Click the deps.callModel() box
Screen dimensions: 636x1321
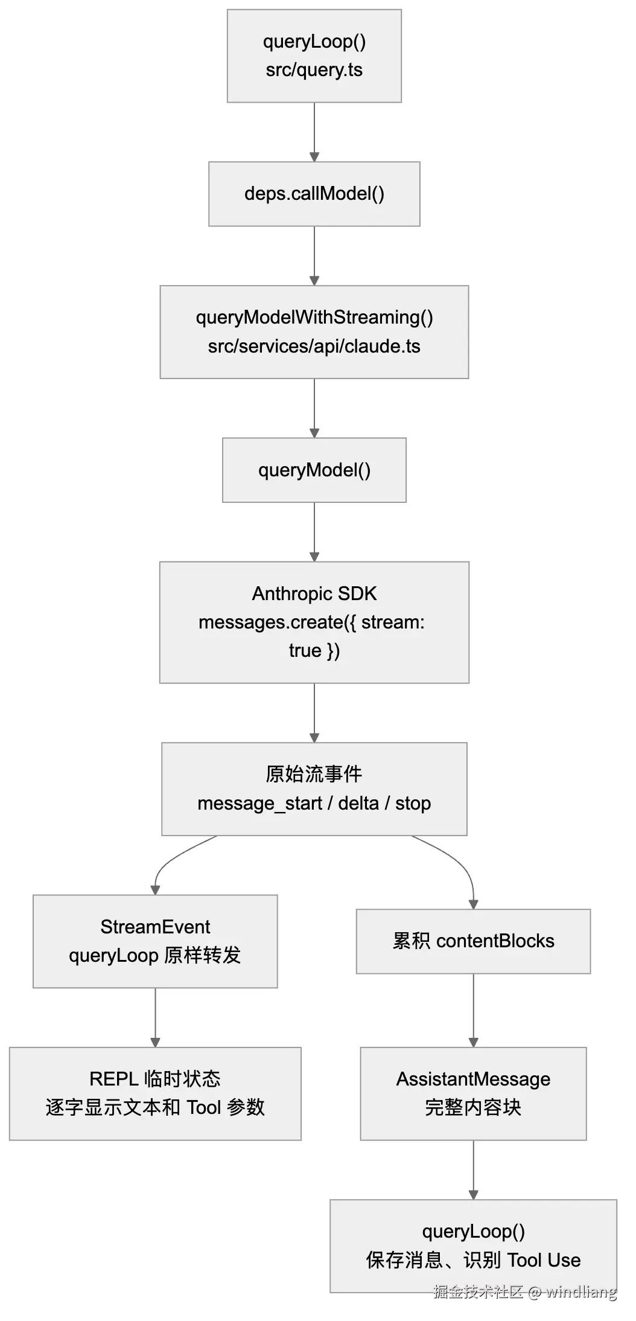click(314, 194)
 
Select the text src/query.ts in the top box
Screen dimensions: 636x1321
click(314, 70)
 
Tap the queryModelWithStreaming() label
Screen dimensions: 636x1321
click(314, 317)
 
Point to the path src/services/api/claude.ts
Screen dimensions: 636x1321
click(314, 346)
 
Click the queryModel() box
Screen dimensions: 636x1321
click(314, 470)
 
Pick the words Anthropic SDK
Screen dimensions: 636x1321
click(314, 593)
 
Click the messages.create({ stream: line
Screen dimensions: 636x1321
click(311, 622)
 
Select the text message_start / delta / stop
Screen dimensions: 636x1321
click(314, 804)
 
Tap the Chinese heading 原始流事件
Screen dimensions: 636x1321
click(314, 774)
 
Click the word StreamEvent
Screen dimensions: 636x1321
click(155, 926)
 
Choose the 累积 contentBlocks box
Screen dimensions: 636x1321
click(473, 941)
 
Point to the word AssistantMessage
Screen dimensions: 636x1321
click(473, 1078)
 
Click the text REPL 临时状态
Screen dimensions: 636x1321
click(155, 1078)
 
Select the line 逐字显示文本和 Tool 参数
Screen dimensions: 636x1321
click(155, 1107)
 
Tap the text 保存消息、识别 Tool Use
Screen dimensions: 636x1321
click(473, 1260)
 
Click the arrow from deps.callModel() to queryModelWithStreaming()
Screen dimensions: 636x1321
click(314, 256)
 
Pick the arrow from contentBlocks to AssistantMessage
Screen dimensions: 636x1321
click(473, 1011)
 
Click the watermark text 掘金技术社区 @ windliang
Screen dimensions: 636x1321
click(525, 1291)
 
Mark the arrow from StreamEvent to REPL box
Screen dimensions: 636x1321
click(155, 1017)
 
